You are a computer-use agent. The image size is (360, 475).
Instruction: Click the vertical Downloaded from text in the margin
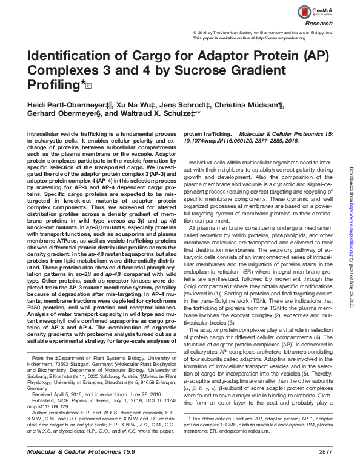pos(352,224)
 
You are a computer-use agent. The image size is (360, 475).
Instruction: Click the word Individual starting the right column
pos(204,163)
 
